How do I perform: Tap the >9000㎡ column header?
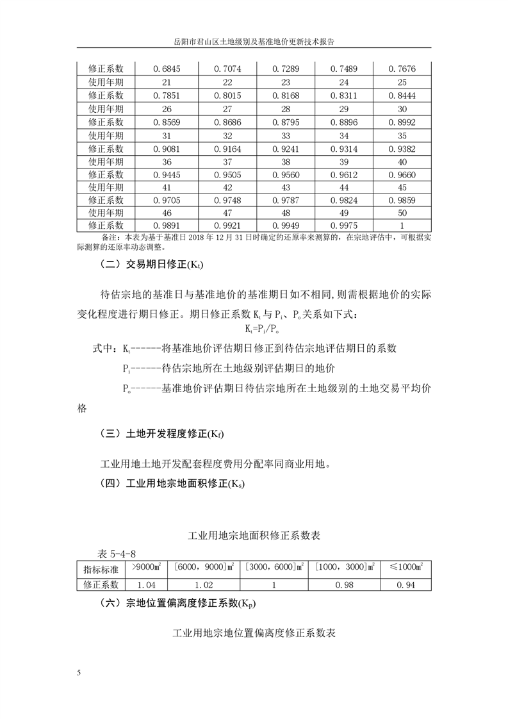tap(147, 568)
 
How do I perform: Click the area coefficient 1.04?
tap(147, 584)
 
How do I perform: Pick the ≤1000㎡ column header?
tap(405, 568)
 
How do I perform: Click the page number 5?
tap(79, 672)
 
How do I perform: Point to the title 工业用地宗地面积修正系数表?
tap(254, 534)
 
